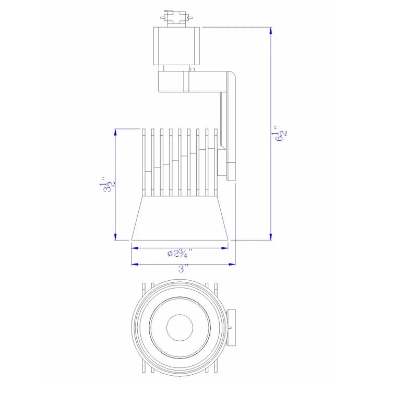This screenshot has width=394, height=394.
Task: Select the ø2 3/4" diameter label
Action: coord(180,253)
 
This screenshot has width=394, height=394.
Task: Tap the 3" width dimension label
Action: coord(183,269)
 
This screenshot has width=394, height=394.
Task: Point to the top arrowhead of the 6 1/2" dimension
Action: coord(270,31)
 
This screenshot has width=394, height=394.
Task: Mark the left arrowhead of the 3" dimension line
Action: coord(134,264)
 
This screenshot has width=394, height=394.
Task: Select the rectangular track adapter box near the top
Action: coord(176,45)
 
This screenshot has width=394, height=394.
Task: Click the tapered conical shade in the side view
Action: coord(180,219)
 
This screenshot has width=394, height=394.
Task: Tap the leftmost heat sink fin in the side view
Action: coord(142,162)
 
